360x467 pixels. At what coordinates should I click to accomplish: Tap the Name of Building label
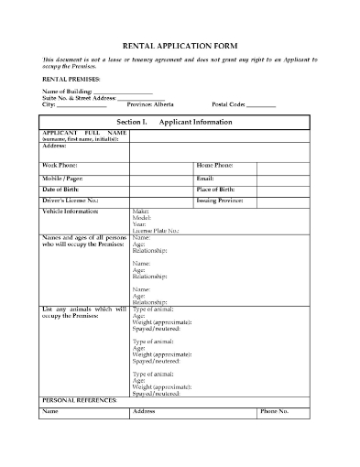click(x=67, y=92)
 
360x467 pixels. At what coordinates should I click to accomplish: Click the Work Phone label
click(x=60, y=165)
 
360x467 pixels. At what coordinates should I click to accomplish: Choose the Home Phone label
click(x=215, y=165)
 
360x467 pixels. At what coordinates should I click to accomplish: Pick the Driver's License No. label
click(x=70, y=199)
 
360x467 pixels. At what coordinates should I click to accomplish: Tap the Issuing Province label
click(x=221, y=199)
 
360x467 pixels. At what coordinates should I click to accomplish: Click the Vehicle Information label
click(x=71, y=211)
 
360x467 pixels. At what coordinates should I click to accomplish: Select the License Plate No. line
click(x=156, y=231)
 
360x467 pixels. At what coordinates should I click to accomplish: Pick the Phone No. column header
click(x=275, y=412)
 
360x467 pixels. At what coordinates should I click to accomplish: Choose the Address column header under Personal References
click(x=144, y=412)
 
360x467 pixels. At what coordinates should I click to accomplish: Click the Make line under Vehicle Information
click(x=140, y=211)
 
